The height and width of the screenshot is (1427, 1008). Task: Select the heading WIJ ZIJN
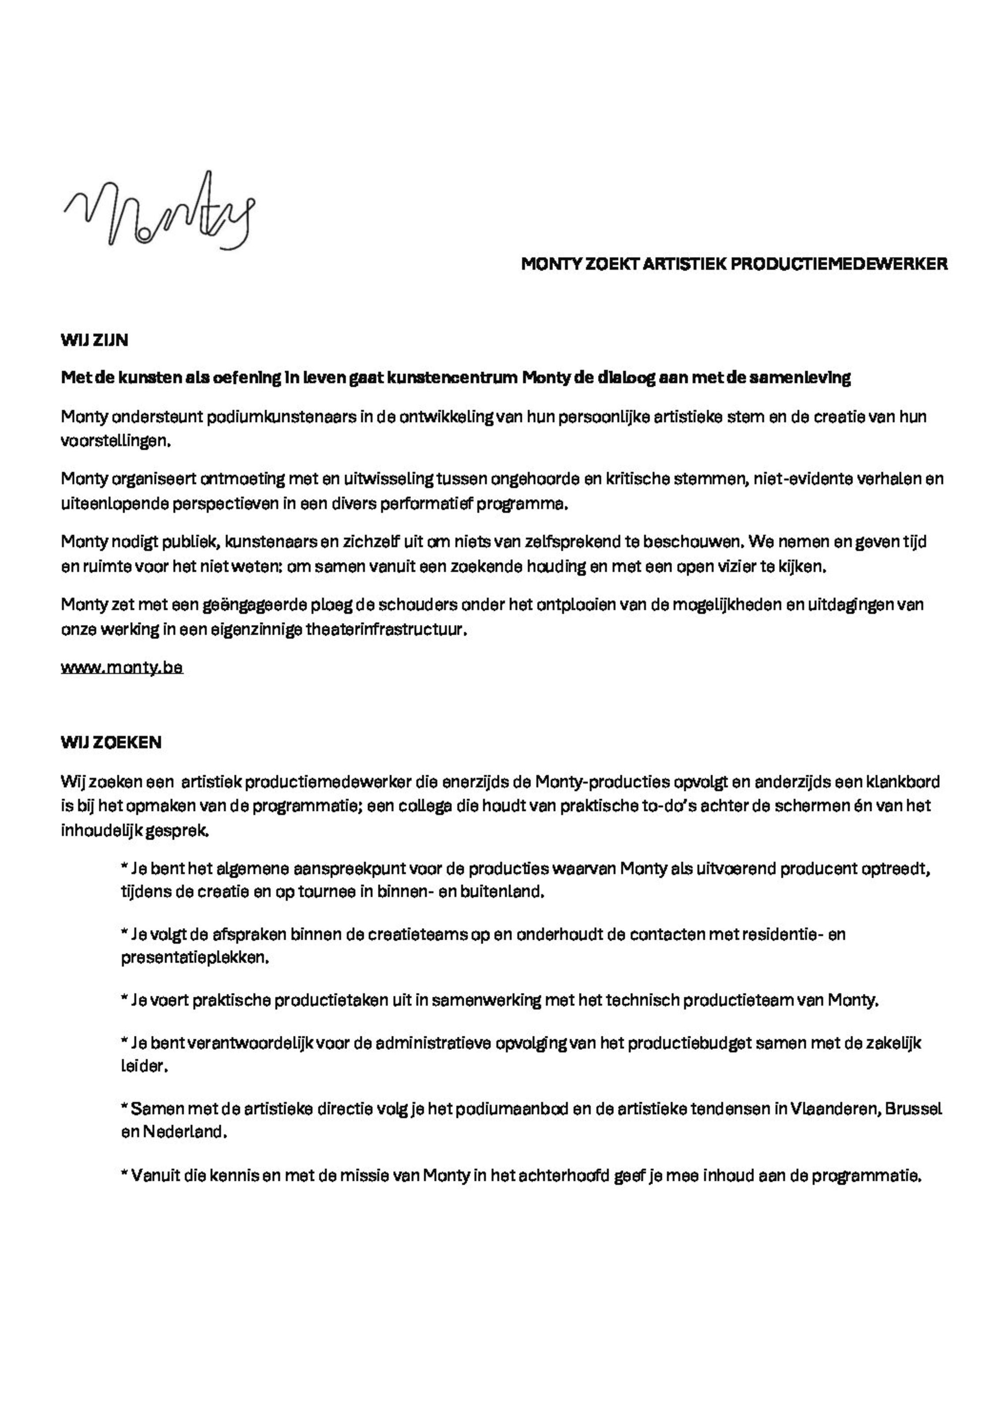[x=94, y=340]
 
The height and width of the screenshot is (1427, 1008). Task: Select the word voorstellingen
[x=115, y=441]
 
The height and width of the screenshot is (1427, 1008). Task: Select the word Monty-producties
[x=601, y=781]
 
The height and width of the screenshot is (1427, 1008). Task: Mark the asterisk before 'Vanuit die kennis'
[x=125, y=1174]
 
